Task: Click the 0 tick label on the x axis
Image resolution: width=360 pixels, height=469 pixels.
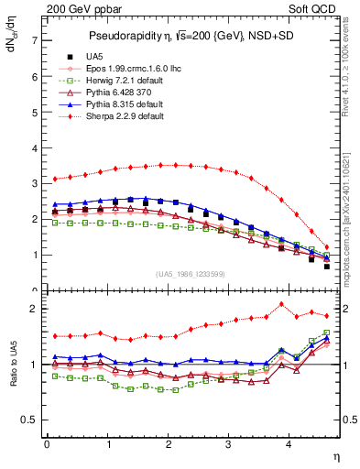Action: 47,444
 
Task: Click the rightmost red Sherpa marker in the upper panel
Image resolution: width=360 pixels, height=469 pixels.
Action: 327,246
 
